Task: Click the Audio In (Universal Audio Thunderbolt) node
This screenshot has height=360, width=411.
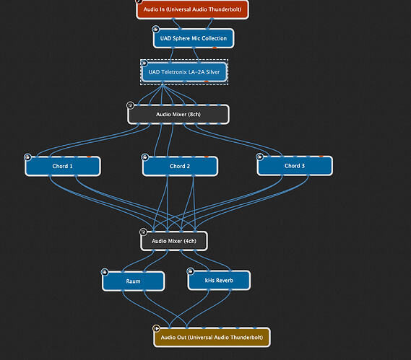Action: (x=192, y=9)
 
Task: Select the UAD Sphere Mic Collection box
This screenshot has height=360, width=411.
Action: (x=194, y=38)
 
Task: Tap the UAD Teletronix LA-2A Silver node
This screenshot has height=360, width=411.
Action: (x=184, y=72)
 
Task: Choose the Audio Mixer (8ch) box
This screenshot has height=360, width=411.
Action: (x=178, y=115)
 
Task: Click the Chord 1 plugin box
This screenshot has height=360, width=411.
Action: (x=63, y=166)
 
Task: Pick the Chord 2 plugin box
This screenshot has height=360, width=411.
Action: (x=180, y=166)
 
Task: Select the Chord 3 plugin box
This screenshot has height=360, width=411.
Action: (x=295, y=166)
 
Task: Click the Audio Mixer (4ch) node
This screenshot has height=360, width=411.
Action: (x=174, y=241)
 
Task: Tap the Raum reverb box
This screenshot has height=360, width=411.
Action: (x=134, y=281)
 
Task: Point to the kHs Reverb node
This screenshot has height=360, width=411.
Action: (x=219, y=281)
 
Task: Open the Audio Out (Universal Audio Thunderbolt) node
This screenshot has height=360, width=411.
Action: (x=212, y=337)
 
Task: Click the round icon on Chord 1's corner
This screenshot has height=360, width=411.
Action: (x=27, y=157)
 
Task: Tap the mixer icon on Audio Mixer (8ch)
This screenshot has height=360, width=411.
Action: (x=130, y=105)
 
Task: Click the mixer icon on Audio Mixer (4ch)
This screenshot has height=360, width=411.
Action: (x=143, y=232)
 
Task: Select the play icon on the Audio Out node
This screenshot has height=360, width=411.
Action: (x=156, y=328)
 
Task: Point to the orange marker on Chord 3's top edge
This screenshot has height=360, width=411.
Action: (x=321, y=157)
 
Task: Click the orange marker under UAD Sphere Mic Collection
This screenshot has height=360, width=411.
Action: (x=215, y=48)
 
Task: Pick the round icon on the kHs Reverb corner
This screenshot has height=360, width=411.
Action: (x=190, y=271)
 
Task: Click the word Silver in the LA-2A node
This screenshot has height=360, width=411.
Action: (x=212, y=72)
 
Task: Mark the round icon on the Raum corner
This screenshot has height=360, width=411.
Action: (x=105, y=272)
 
